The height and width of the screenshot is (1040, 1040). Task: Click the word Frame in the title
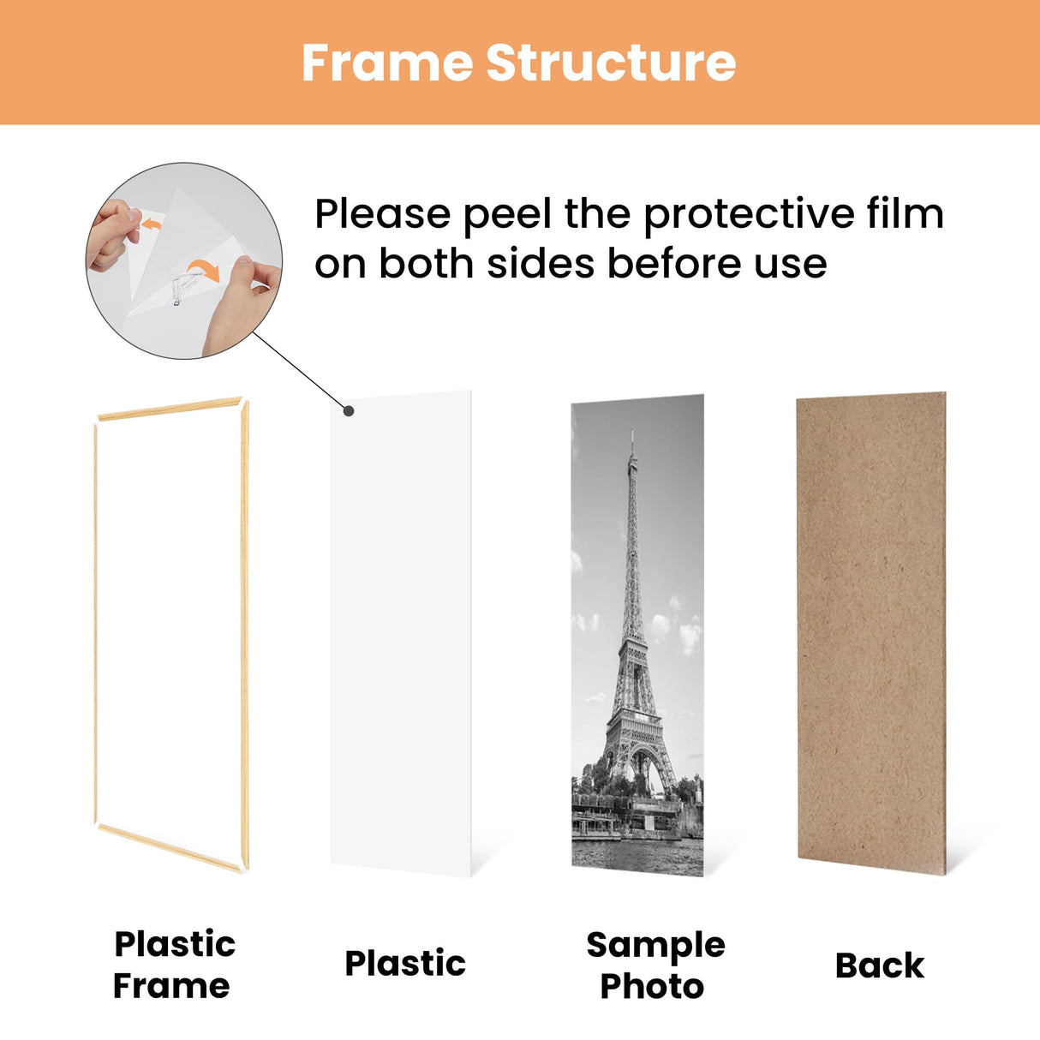pos(387,63)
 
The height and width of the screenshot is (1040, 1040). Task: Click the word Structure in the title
pos(611,63)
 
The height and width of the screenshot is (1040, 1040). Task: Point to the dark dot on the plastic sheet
pos(349,410)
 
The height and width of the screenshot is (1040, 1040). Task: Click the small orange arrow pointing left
pos(152,224)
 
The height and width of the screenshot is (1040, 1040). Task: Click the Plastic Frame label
pos(174,965)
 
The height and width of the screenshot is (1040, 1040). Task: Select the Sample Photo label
pos(654,965)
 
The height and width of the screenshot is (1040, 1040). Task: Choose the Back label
pos(879,965)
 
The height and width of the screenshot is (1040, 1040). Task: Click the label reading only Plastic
pos(405,964)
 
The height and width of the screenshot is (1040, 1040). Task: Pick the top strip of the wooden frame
pos(170,409)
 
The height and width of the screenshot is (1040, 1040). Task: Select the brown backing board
pos(871,634)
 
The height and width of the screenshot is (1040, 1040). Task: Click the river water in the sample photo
pos(637,857)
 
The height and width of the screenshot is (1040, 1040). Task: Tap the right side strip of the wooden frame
pos(245,634)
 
